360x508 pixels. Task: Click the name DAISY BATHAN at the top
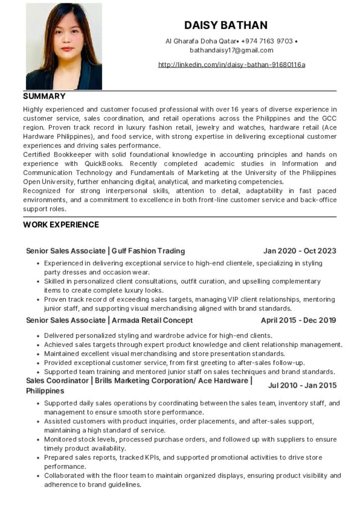pyautogui.click(x=226, y=25)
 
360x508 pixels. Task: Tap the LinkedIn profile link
pyautogui.click(x=231, y=64)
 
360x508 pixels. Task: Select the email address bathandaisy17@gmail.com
pyautogui.click(x=231, y=50)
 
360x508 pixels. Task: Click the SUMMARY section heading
pyautogui.click(x=44, y=96)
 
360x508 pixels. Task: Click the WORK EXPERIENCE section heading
pyautogui.click(x=61, y=225)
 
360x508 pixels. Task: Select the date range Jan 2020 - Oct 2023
pyautogui.click(x=299, y=251)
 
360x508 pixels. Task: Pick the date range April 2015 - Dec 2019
pyautogui.click(x=298, y=320)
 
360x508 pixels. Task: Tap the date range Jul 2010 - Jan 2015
pyautogui.click(x=302, y=385)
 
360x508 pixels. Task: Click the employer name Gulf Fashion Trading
pyautogui.click(x=148, y=251)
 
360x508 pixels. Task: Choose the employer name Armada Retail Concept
pyautogui.click(x=152, y=320)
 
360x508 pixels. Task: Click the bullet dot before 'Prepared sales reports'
pyautogui.click(x=38, y=457)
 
